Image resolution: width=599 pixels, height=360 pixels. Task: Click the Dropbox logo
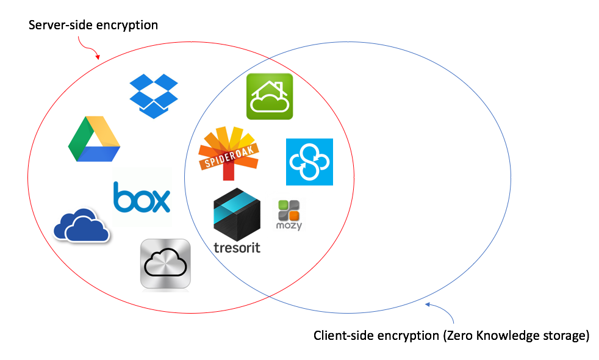pos(154,95)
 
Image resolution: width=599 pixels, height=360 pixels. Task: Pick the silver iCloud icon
pos(165,264)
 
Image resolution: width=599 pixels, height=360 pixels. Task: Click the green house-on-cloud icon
pos(270,96)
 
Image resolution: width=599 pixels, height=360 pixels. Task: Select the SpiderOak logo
pos(229,153)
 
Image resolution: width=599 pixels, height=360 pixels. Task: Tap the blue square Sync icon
pos(310,162)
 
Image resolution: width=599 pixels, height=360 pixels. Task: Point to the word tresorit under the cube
pos(237,248)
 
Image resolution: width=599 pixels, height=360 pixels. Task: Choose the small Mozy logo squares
pos(289,210)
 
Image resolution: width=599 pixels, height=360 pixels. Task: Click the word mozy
pos(289,226)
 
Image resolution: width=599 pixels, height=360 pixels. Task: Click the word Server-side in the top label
pos(57,25)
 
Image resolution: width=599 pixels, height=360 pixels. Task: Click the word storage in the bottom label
pos(565,336)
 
